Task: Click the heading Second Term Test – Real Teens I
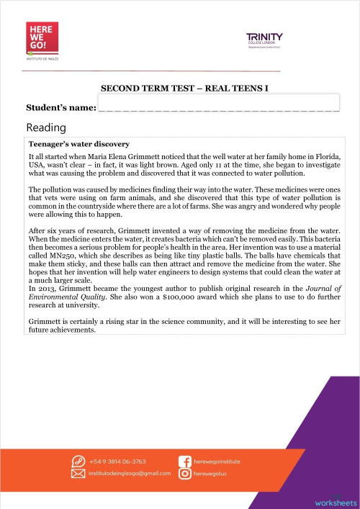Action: pos(189,90)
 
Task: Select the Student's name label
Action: pos(60,107)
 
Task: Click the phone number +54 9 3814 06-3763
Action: pos(118,460)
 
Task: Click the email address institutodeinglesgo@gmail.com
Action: pos(130,474)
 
